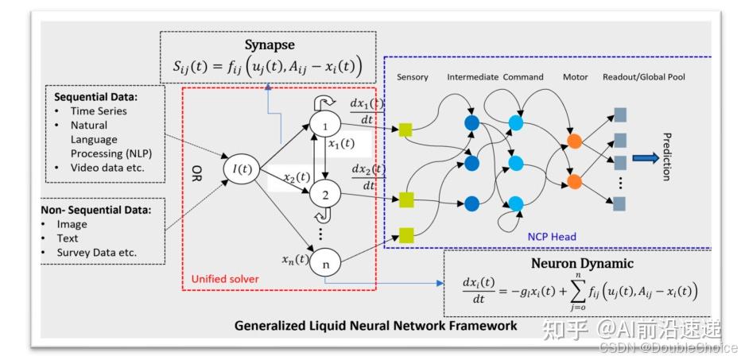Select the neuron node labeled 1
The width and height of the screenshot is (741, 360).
point(324,125)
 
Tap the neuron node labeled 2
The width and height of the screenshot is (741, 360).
point(324,192)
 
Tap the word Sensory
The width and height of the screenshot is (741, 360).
point(412,77)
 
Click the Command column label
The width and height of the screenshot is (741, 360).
point(523,77)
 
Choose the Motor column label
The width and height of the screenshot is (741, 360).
point(575,77)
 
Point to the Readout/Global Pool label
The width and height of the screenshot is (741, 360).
point(644,77)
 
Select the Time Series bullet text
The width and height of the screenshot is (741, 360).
point(99,111)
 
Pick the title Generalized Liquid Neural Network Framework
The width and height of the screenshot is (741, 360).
point(375,326)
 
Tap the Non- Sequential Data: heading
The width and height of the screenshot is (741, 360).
point(95,210)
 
